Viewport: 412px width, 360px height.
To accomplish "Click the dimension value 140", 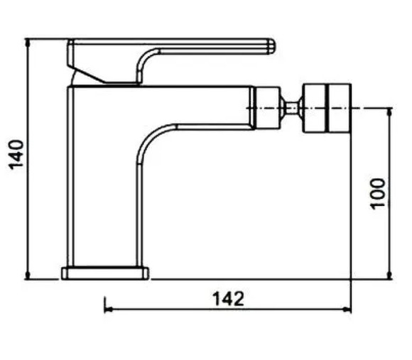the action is click(16, 155).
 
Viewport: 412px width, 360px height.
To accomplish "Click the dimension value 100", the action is click(378, 194).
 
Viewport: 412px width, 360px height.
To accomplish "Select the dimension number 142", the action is click(228, 299).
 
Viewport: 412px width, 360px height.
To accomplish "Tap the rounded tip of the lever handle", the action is click(271, 47).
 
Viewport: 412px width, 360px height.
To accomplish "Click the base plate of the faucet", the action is click(105, 273).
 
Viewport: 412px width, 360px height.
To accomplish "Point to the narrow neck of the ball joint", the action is click(291, 108).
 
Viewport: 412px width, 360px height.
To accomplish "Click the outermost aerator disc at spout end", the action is click(340, 108).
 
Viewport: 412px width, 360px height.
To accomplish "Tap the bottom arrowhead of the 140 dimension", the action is click(28, 275).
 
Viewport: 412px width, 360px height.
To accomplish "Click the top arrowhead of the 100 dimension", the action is click(389, 112).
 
